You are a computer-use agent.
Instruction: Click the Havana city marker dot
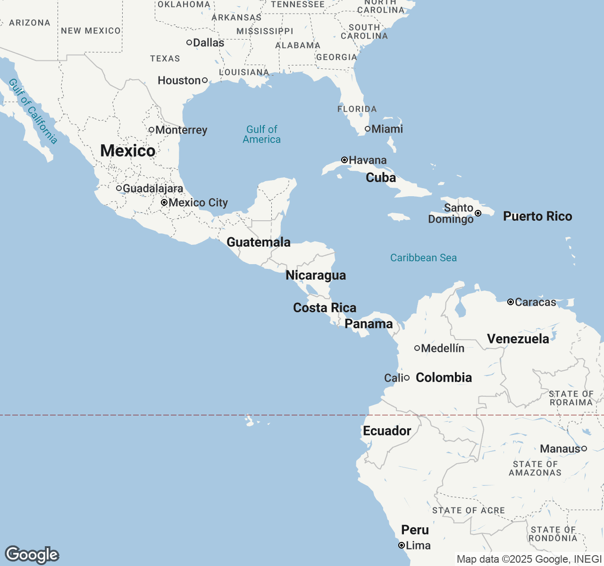(344, 160)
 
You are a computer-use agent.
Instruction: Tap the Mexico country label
(128, 151)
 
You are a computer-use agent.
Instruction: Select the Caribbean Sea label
(423, 258)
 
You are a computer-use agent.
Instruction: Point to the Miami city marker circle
(368, 129)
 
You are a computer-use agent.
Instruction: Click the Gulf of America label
(262, 134)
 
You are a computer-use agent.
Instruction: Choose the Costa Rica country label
(325, 308)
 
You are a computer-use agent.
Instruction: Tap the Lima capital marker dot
(402, 545)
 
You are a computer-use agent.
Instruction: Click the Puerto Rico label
(537, 216)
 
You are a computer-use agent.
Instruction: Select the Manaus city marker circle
(584, 449)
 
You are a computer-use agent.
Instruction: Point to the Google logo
(32, 555)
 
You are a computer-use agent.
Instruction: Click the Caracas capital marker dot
(511, 302)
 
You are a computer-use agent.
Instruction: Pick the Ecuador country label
(387, 431)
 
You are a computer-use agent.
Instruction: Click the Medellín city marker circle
(417, 348)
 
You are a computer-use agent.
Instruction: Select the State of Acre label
(469, 510)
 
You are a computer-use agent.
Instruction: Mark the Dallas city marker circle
(189, 42)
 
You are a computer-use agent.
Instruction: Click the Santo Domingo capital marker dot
(478, 213)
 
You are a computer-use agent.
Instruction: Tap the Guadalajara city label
(152, 188)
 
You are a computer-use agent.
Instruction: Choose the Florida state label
(357, 109)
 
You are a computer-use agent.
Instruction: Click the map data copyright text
(529, 559)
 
